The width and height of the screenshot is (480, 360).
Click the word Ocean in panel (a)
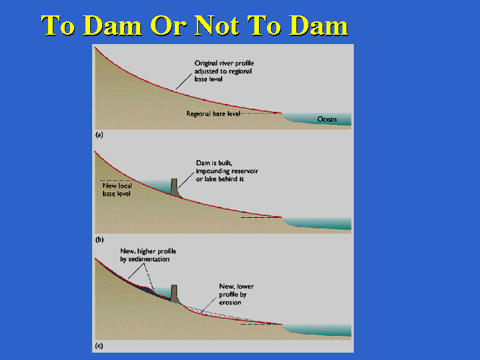(x=326, y=119)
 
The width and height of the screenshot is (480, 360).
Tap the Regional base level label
(x=213, y=114)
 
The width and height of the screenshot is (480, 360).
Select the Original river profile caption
(x=224, y=71)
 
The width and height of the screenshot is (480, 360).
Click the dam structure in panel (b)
(x=174, y=188)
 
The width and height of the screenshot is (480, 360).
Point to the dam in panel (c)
(x=174, y=294)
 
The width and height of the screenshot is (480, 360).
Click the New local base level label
(x=117, y=190)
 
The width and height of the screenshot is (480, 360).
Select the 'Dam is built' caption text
(x=227, y=171)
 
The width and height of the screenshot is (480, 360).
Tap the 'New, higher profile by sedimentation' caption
(x=148, y=255)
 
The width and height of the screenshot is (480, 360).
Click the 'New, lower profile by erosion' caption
(x=236, y=294)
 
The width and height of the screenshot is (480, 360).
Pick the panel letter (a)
(x=99, y=134)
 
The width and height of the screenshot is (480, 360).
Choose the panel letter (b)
(x=99, y=240)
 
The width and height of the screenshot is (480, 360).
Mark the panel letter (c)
(x=99, y=346)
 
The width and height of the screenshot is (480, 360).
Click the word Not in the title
(x=217, y=26)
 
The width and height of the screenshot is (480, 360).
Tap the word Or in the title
(x=168, y=26)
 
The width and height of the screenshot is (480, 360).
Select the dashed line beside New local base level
(x=115, y=180)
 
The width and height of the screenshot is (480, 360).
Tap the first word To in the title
(x=58, y=26)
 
